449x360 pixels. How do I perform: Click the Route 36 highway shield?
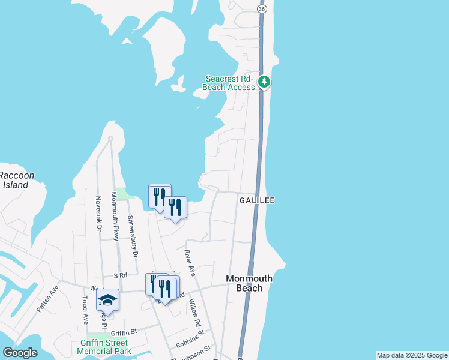tap(261, 10)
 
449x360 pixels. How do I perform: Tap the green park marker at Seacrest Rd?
tap(264, 82)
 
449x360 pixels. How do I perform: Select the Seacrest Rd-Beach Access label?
tap(230, 83)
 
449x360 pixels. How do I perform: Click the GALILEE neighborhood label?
tap(257, 200)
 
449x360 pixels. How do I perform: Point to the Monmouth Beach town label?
tap(249, 283)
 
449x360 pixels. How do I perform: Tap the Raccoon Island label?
tap(17, 180)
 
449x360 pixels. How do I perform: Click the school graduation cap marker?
tap(108, 299)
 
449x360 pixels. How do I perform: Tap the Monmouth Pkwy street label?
tap(115, 216)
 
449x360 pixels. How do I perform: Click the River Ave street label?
tap(190, 263)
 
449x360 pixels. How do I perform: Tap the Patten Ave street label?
tap(47, 298)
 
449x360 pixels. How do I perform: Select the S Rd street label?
tap(121, 275)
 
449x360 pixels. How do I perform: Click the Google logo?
tap(20, 353)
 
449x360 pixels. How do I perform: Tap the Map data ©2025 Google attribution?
tap(412, 355)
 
